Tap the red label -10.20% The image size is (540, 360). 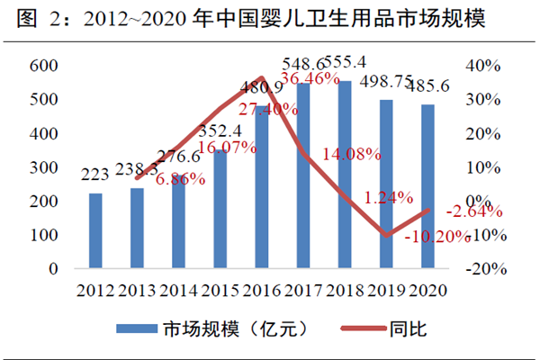click(x=438, y=237)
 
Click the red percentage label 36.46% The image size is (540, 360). click(x=310, y=79)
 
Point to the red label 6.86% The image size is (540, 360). click(x=180, y=179)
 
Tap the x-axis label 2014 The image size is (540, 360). click(x=179, y=290)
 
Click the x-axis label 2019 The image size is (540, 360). click(x=385, y=290)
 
